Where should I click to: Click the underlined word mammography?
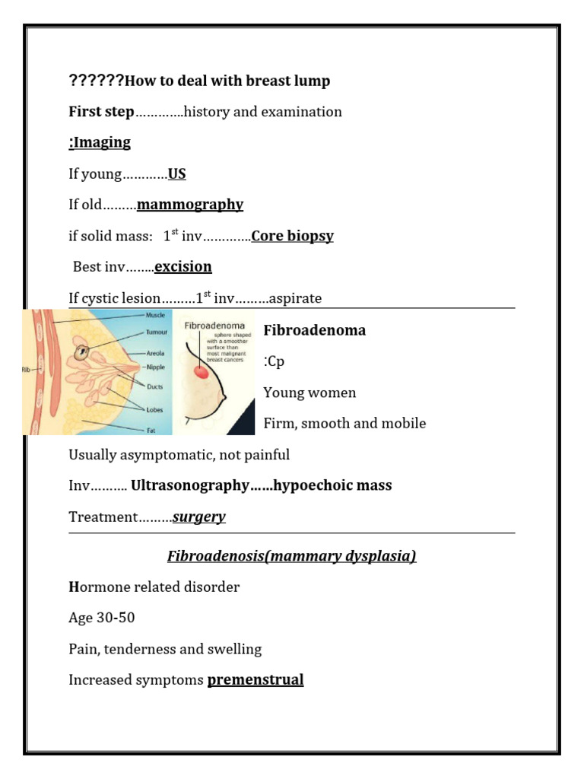coord(190,205)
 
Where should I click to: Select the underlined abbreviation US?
coord(177,174)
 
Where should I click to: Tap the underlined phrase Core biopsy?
coord(293,236)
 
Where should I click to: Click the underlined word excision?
coord(183,266)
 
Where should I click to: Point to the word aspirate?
coord(296,298)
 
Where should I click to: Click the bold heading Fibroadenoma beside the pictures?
coord(314,330)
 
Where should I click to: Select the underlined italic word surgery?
coord(199,517)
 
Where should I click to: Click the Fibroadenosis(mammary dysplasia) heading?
coord(291,556)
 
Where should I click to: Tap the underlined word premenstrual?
coord(255,679)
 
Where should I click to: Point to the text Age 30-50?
coord(102,618)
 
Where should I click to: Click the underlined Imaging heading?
coord(100,142)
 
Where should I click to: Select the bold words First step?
coord(101,112)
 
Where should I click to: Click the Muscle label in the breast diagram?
coord(155,315)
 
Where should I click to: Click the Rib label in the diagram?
coord(27,370)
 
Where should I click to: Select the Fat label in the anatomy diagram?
coord(151,430)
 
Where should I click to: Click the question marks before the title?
coord(96,81)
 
